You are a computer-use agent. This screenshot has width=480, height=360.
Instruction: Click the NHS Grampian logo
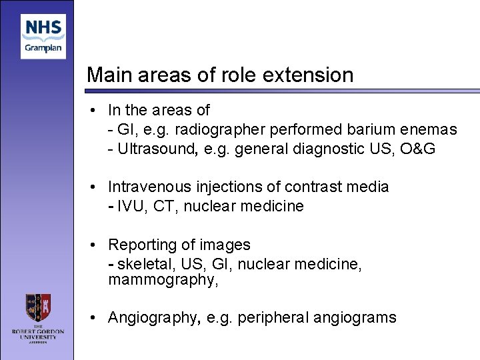click(x=43, y=37)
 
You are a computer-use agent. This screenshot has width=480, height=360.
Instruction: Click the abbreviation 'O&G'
click(x=418, y=149)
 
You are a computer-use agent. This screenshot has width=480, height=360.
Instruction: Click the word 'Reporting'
click(x=141, y=245)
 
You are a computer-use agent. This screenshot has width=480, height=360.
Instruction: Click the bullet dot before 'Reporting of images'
click(x=95, y=245)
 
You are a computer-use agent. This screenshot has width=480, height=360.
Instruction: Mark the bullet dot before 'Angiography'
click(x=95, y=317)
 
